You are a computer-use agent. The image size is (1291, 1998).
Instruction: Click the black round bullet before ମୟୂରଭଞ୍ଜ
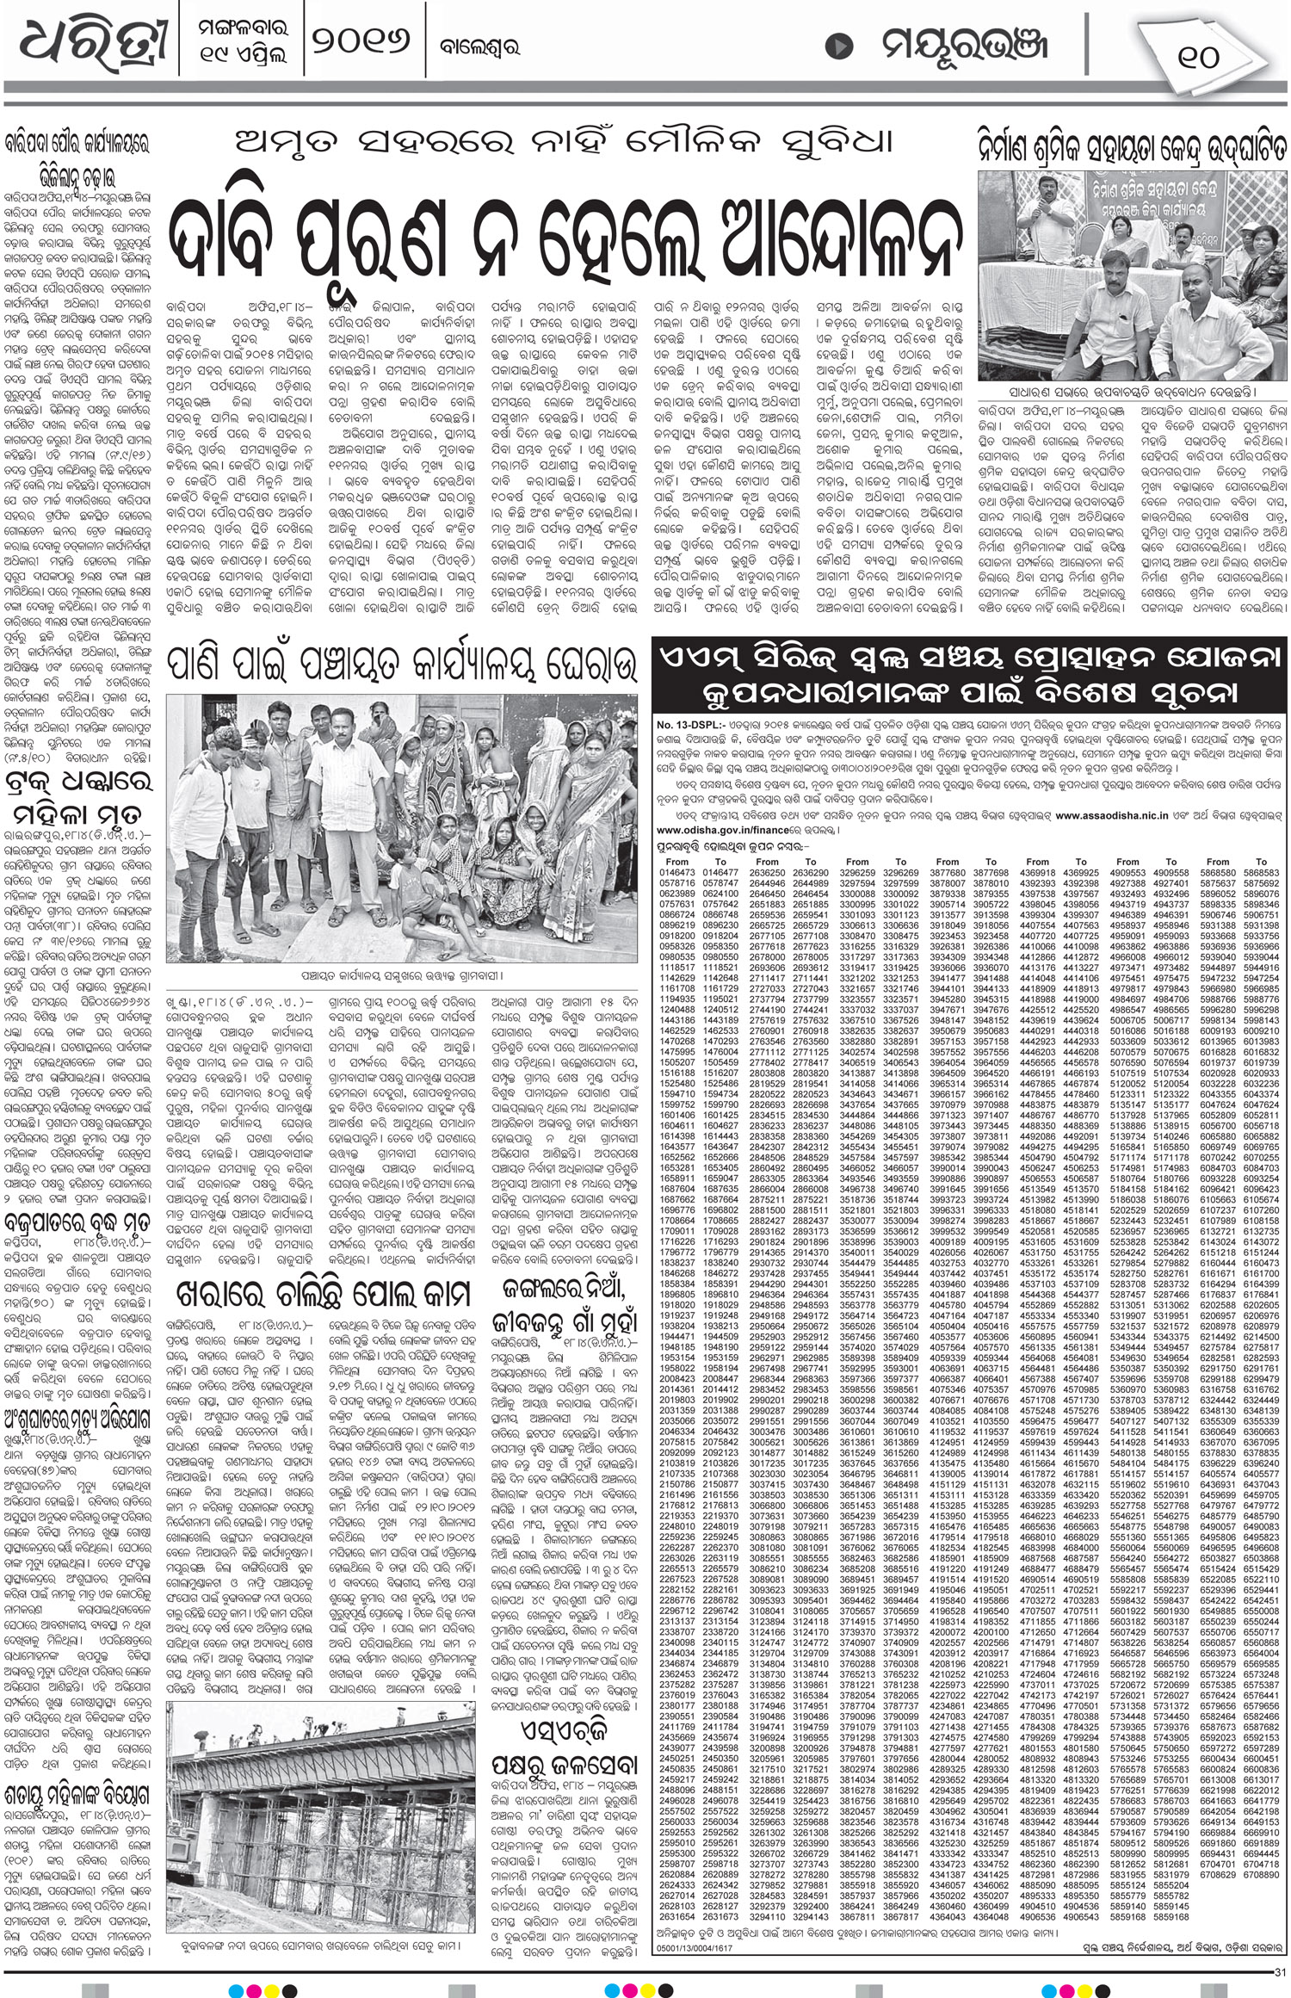834,46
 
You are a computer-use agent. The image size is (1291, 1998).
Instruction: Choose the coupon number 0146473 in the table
676,872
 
